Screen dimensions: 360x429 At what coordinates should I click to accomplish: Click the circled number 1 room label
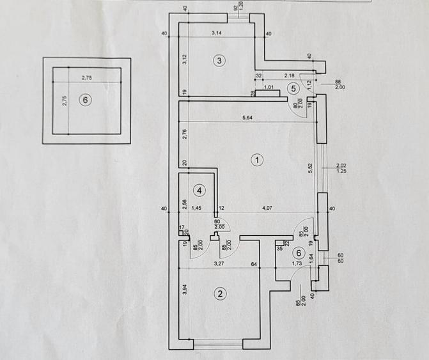[256, 160]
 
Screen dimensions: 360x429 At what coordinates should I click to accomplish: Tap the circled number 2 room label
[219, 294]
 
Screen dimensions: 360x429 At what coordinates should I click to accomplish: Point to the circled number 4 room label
[199, 191]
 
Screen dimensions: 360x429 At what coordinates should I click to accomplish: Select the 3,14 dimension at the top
[220, 32]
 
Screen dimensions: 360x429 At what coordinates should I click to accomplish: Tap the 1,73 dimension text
[296, 263]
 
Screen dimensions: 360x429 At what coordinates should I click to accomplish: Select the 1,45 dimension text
[198, 208]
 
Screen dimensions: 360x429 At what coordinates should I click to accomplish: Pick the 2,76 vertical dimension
[184, 135]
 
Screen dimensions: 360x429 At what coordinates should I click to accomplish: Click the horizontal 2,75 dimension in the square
[86, 77]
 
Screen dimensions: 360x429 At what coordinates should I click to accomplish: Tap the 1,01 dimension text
[269, 87]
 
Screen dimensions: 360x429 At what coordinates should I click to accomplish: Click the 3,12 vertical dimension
[184, 59]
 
